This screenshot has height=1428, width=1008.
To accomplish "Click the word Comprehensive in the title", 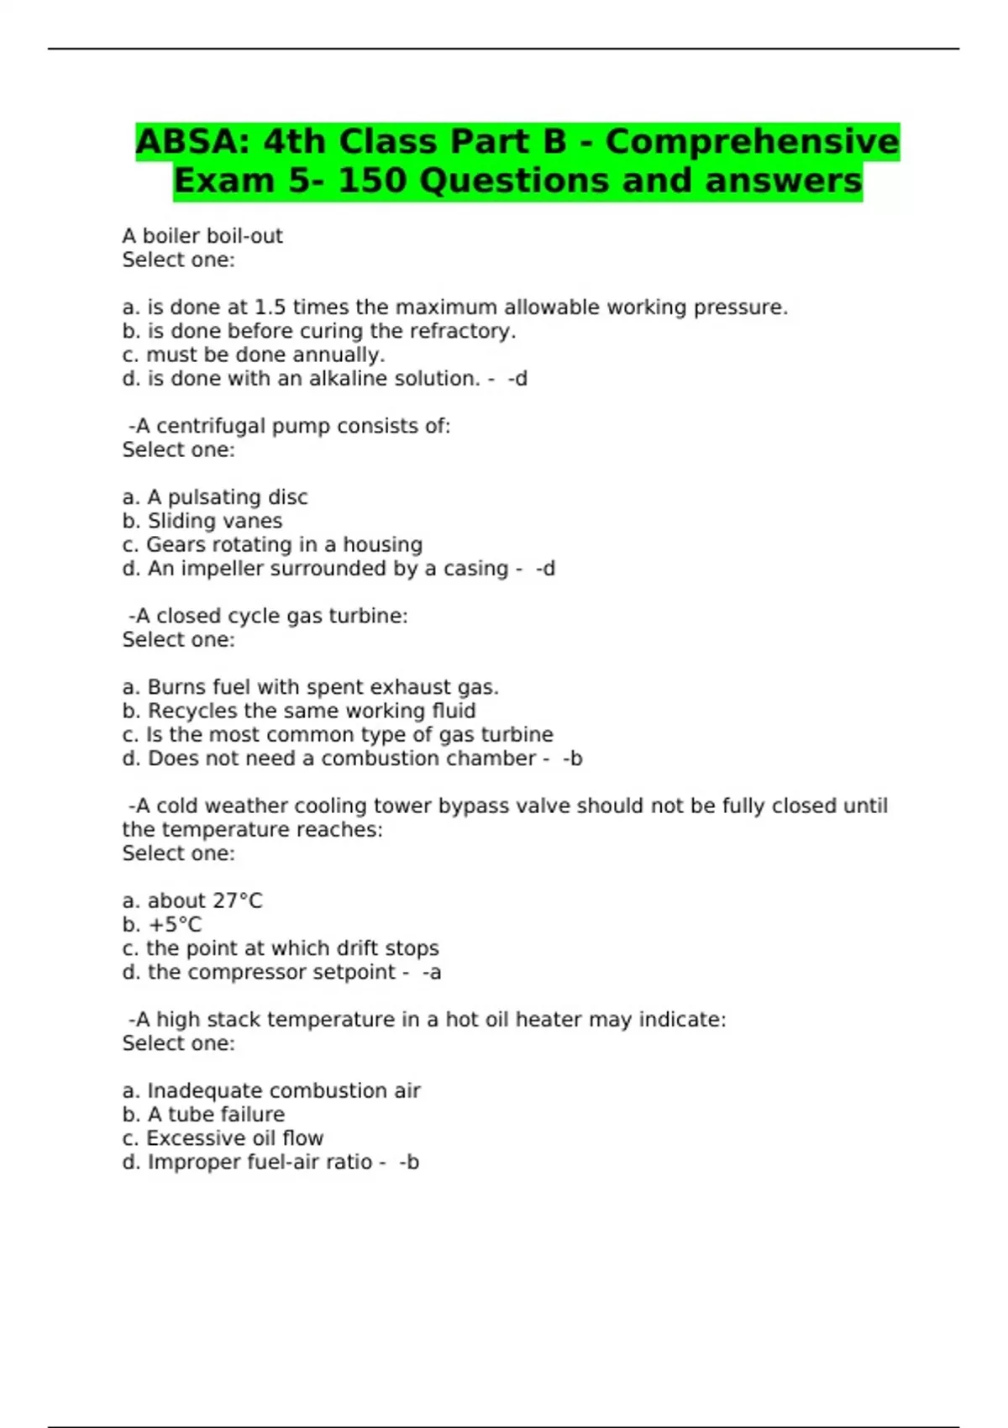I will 752,141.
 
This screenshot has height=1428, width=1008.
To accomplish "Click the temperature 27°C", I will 237,900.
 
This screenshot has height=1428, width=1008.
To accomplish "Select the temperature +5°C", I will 175,925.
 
